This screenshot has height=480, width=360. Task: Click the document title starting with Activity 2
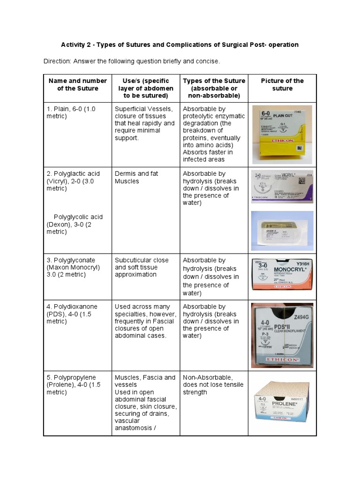click(180, 45)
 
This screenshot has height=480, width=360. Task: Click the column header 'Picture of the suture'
click(282, 84)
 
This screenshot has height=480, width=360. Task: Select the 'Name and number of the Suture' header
click(78, 84)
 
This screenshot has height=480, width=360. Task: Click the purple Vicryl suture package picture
click(282, 187)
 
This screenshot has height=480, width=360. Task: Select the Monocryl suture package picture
click(282, 276)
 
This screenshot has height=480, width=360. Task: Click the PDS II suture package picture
click(282, 334)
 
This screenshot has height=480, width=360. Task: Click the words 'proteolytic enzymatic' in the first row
click(214, 116)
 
